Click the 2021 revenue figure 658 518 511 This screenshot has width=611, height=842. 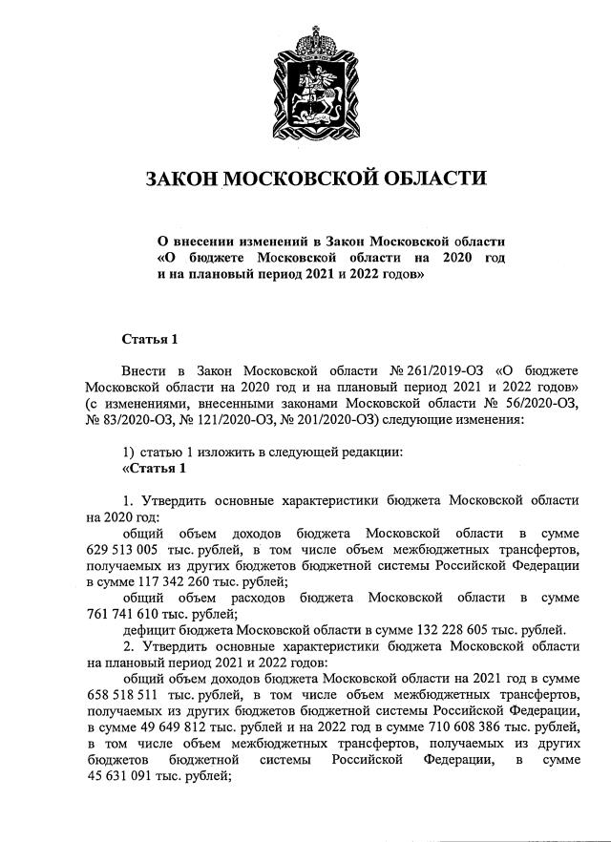point(129,694)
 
